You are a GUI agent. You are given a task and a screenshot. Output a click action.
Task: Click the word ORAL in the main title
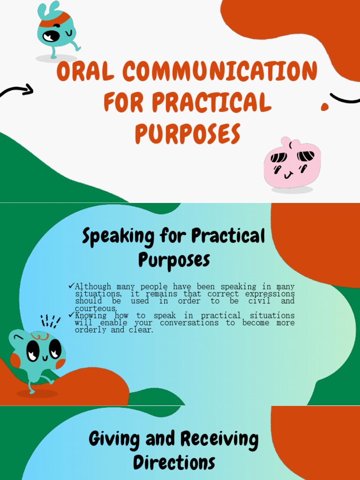(85, 72)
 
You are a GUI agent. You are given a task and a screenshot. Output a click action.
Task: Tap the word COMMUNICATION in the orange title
(220, 72)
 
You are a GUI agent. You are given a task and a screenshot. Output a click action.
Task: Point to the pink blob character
(292, 164)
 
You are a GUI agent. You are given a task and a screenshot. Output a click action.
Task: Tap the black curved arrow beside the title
(18, 90)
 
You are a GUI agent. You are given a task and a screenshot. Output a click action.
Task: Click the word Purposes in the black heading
(174, 260)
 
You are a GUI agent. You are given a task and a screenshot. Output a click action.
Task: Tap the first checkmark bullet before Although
(71, 286)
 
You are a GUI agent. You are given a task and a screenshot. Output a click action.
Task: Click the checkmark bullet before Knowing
(71, 315)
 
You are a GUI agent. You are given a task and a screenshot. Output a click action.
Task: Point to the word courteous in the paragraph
(96, 308)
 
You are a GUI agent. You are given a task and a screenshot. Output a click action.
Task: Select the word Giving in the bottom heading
(114, 440)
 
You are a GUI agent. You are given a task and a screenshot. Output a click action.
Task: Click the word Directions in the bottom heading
(174, 462)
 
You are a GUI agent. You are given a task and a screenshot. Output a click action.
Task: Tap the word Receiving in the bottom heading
(219, 440)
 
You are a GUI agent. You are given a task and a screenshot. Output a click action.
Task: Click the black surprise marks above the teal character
(50, 322)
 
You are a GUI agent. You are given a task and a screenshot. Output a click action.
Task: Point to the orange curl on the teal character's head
(40, 336)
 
